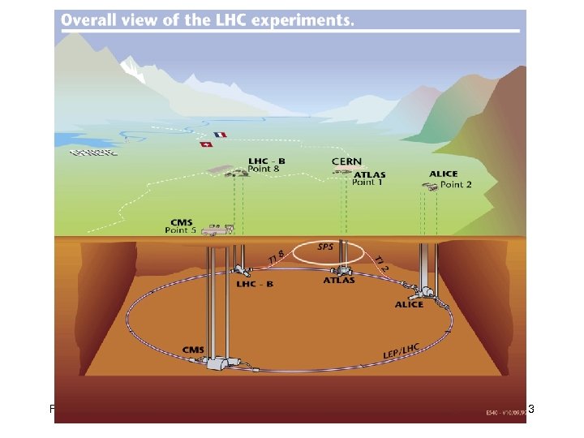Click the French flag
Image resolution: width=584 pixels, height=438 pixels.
pyautogui.click(x=220, y=135)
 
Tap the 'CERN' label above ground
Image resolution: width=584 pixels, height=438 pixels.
pyautogui.click(x=347, y=162)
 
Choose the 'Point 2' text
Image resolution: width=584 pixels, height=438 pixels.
pyautogui.click(x=457, y=184)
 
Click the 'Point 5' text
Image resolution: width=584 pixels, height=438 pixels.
pyautogui.click(x=180, y=230)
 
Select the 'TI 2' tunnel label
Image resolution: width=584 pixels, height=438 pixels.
pyautogui.click(x=383, y=261)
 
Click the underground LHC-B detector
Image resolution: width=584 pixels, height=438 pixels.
pyautogui.click(x=241, y=270)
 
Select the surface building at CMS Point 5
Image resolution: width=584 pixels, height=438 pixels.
pyautogui.click(x=217, y=230)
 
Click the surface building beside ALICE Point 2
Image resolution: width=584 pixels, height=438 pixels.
pyautogui.click(x=431, y=187)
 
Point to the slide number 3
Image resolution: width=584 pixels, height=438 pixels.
pyautogui.click(x=531, y=410)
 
